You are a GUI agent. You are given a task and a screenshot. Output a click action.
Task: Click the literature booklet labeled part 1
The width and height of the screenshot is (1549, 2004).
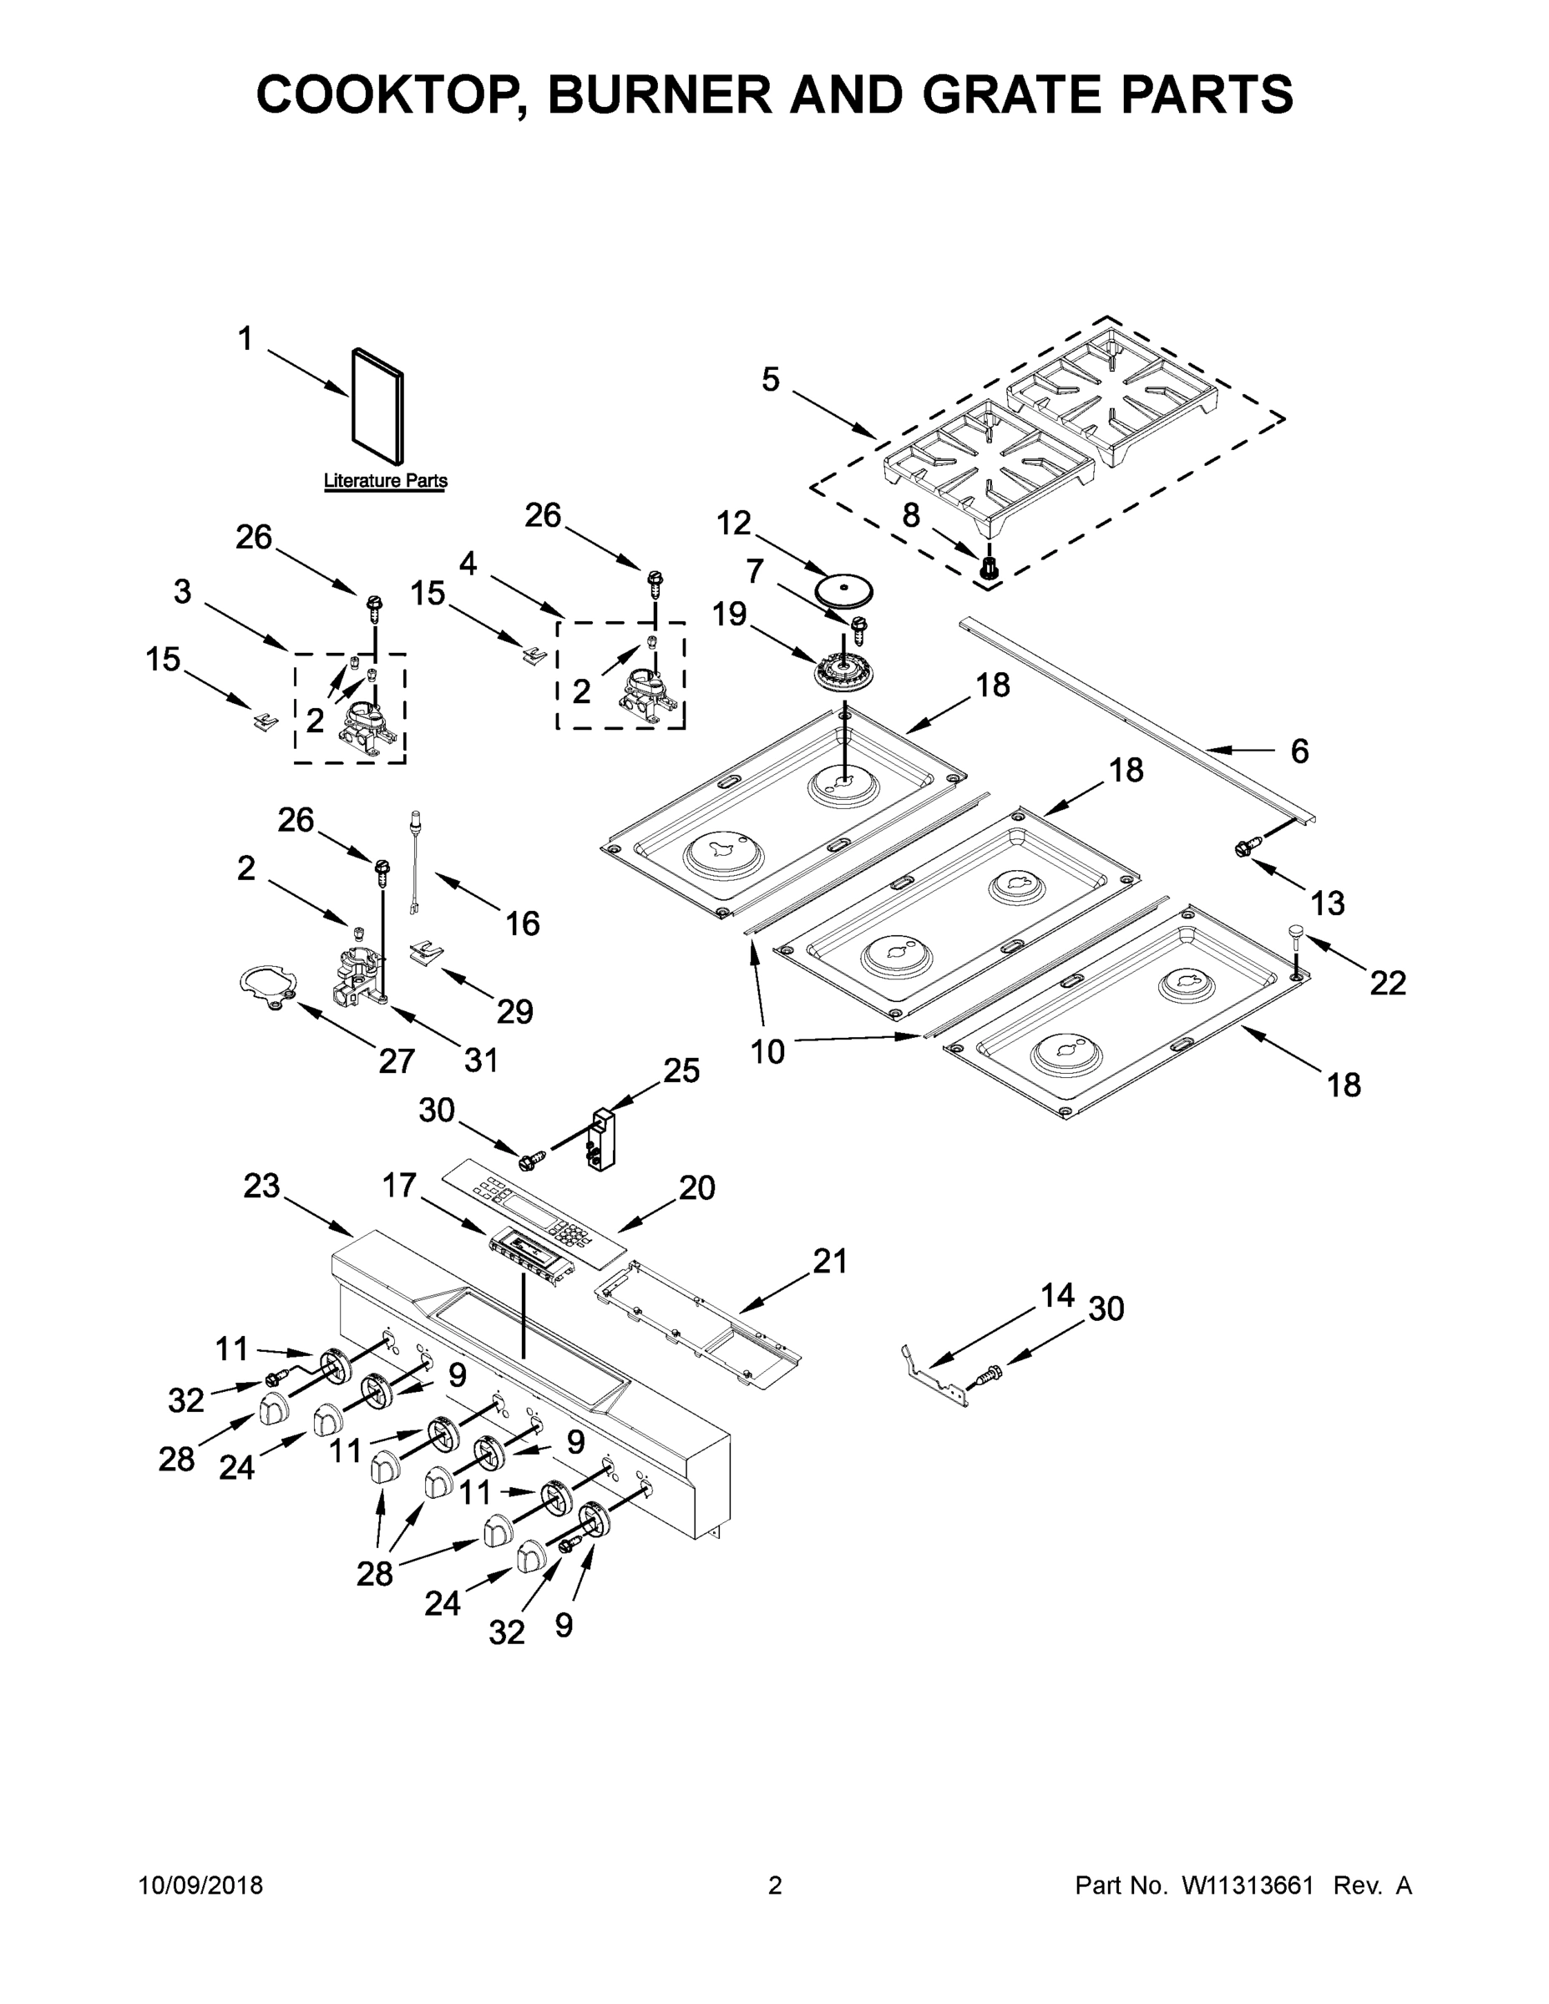click(377, 407)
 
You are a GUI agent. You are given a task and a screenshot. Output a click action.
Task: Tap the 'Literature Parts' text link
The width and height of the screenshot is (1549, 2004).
click(386, 481)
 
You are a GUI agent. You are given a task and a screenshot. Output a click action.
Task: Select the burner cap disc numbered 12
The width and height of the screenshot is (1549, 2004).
click(844, 590)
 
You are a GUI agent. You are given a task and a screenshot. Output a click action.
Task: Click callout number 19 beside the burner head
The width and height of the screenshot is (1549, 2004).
click(730, 614)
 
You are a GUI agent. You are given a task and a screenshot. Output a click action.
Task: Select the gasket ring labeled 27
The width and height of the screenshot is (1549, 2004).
click(266, 986)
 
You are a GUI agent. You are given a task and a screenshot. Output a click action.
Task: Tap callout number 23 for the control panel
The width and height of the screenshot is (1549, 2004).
click(261, 1187)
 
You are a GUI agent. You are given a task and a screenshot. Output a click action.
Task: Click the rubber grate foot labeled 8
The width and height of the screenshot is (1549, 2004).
click(990, 567)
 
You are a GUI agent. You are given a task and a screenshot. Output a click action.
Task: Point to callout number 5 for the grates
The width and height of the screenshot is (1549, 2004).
click(770, 379)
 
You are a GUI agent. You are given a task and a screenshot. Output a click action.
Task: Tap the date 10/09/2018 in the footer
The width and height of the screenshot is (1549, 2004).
click(201, 1885)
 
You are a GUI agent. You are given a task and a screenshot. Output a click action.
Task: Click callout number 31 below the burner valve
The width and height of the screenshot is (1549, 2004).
click(481, 1060)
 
